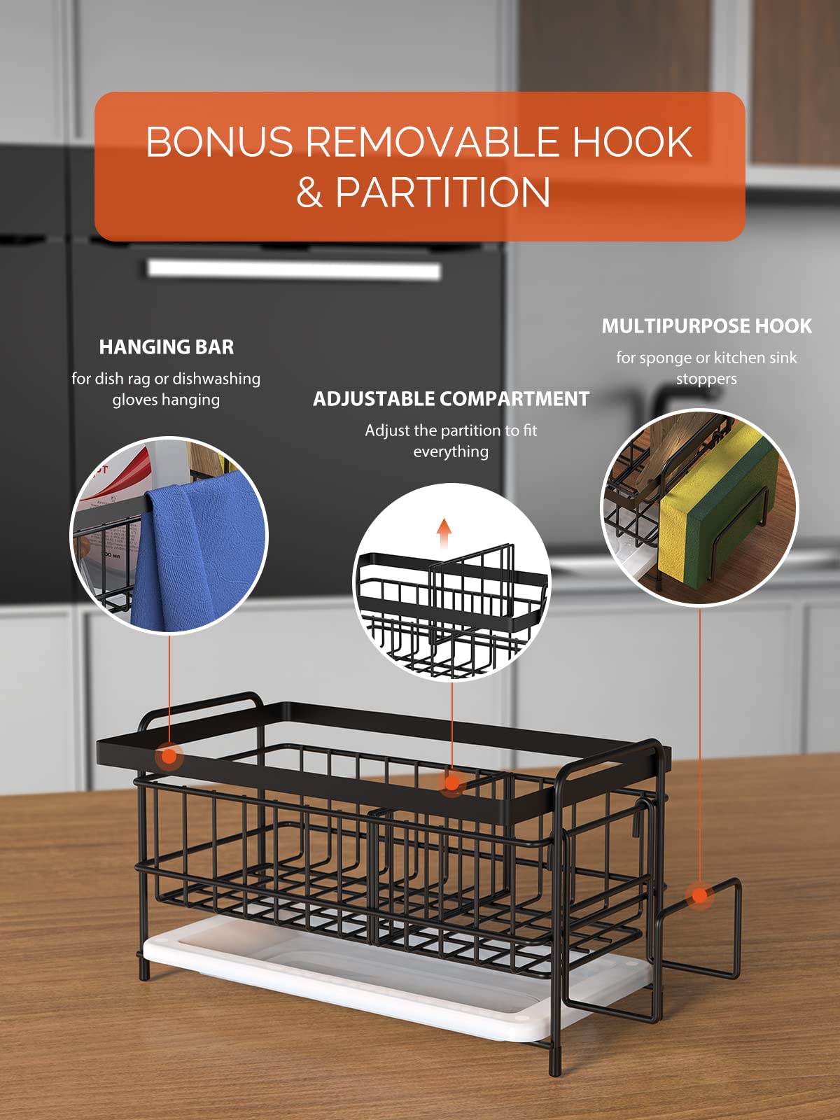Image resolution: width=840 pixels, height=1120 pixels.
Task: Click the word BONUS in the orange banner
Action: pos(219,141)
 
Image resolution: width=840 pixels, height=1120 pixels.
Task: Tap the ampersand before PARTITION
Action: pos(309,192)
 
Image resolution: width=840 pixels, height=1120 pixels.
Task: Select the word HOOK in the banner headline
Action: pos(632,141)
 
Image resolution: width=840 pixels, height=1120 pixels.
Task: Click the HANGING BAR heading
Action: pos(167,347)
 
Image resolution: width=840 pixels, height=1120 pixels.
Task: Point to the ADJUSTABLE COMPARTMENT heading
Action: pos(451,399)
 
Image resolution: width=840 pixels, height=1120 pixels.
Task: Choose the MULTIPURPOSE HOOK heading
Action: pos(706,326)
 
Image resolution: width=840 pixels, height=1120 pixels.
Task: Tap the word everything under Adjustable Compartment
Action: pos(451,451)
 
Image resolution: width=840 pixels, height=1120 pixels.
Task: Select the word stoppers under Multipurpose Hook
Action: pos(706,379)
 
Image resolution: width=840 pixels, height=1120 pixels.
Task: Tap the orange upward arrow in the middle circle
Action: pos(444,533)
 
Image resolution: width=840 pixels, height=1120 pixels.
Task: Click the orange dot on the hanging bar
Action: pos(169,755)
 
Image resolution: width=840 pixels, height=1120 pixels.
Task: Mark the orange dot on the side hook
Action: pos(700,895)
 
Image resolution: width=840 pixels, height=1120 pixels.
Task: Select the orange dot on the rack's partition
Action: pos(452,783)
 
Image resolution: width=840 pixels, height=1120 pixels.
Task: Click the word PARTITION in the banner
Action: pos(442,192)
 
